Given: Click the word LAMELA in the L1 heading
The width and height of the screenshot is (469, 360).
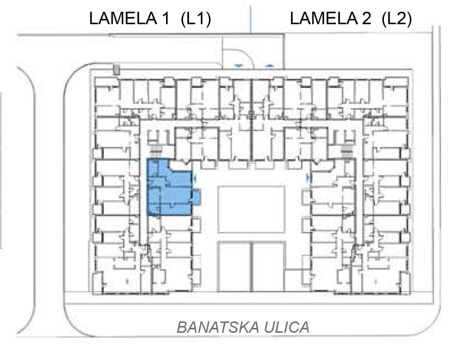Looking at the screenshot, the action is click(123, 19).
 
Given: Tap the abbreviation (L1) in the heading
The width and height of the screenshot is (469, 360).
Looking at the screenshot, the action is click(196, 19).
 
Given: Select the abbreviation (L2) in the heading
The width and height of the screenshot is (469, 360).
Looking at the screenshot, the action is click(396, 19).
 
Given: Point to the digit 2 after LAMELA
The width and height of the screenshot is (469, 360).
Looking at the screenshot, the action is click(366, 19).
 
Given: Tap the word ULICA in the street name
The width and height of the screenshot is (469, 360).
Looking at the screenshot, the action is click(287, 327).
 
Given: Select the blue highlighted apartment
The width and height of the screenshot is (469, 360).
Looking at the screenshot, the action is click(170, 187).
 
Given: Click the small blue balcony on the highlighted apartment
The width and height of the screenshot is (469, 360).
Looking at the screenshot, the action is click(196, 197).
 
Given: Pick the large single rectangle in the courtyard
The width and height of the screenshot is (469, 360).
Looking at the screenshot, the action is click(251, 209).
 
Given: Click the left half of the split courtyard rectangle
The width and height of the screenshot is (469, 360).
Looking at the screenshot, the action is click(234, 267).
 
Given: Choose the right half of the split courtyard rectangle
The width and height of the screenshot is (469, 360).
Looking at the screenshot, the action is click(268, 267).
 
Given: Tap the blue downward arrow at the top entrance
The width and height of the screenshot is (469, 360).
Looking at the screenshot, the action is click(239, 66).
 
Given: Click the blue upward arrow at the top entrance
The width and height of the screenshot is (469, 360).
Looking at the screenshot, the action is click(270, 66).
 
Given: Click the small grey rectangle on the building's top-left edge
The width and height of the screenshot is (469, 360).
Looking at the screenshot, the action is click(116, 70).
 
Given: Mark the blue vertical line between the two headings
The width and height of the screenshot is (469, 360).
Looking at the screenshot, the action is click(251, 20).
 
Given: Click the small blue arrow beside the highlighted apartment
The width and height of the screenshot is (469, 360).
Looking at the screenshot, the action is click(195, 178).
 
